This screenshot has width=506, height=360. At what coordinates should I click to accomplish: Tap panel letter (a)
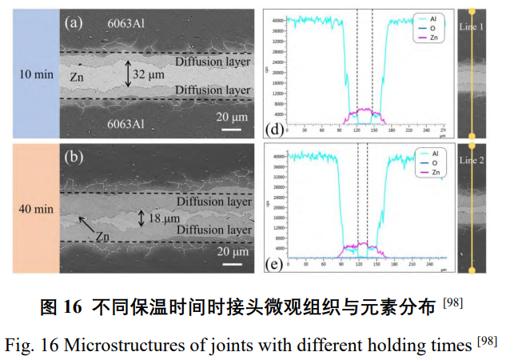(x=74, y=22)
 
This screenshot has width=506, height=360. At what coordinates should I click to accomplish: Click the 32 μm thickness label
(x=149, y=74)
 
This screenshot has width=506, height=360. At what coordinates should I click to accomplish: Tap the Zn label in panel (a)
(x=78, y=78)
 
